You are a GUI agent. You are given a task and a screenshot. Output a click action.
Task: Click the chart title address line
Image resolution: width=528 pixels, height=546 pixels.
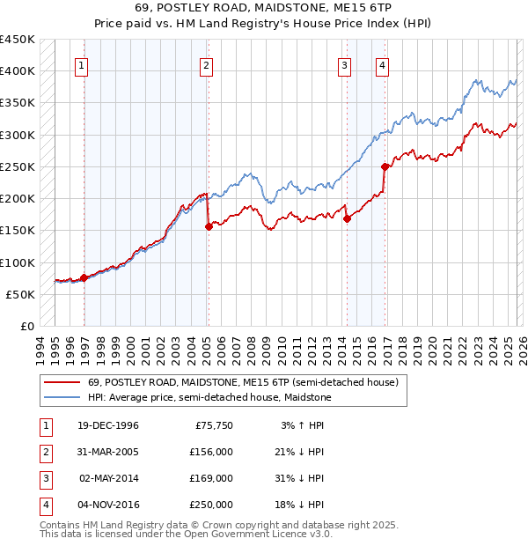tap(264, 7)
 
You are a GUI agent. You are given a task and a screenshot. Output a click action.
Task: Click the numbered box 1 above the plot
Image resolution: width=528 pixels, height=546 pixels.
tap(81, 64)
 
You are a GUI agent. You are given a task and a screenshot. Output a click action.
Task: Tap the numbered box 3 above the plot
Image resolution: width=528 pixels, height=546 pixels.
tap(344, 64)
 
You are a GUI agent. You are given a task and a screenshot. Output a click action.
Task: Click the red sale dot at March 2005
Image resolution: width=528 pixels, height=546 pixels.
tap(209, 226)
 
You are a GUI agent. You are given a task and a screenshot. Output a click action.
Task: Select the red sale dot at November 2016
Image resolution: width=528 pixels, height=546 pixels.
tap(385, 166)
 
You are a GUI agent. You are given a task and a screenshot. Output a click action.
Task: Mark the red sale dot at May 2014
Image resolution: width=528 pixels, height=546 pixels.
tap(347, 218)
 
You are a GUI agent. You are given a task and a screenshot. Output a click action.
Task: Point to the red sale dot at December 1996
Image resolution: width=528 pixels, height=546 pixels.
tap(84, 277)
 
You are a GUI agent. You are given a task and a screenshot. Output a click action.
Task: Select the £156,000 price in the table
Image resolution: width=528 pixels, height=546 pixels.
tap(211, 453)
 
